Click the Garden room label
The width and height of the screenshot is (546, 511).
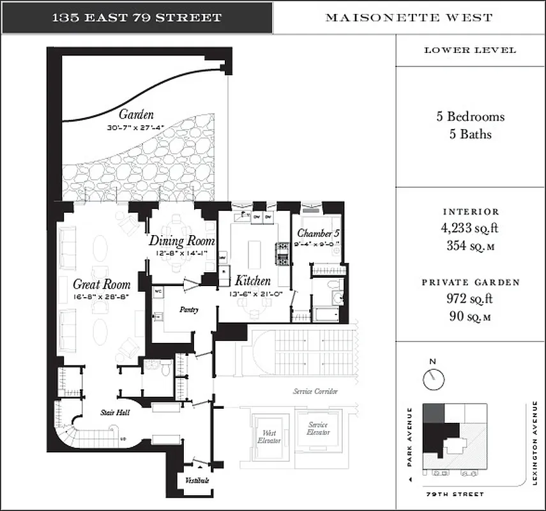pos(135,115)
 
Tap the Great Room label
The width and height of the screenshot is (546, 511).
pos(102,285)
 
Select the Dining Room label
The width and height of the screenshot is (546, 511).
pos(182,241)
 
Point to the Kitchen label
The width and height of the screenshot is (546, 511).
pos(253,280)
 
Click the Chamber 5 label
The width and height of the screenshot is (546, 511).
pos(318,233)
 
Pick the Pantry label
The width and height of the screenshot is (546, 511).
pos(189,310)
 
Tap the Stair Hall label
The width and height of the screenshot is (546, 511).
pos(115,413)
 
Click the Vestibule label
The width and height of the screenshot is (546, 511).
pos(197,480)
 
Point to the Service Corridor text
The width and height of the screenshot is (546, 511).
pos(315,391)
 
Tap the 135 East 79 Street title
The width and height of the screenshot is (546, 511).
pos(137,18)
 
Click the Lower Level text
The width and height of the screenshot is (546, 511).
pos(470,50)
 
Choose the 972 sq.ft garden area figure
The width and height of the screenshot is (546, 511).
pos(470,298)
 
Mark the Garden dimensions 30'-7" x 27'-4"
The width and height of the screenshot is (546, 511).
pos(135,128)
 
